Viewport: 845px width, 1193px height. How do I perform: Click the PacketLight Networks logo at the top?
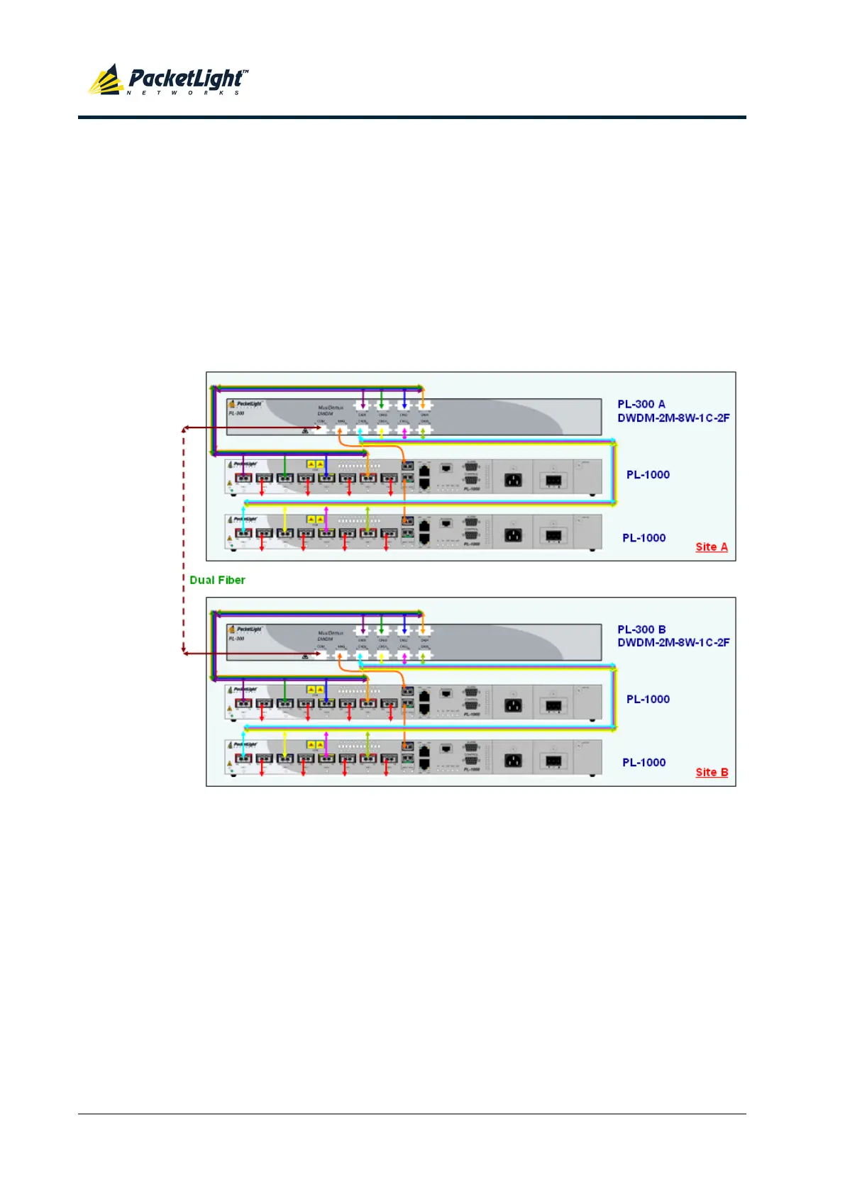coord(168,80)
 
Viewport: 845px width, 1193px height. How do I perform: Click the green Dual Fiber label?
coord(217,580)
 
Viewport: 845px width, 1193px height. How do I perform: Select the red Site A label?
coord(711,547)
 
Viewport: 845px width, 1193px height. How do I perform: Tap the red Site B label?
coord(712,772)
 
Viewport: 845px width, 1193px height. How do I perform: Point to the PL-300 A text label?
coord(641,404)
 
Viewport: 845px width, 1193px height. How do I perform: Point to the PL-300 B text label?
coord(641,629)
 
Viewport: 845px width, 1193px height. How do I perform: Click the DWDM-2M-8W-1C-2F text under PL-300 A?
coord(673,418)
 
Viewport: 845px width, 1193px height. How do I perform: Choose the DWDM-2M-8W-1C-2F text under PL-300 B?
coord(673,643)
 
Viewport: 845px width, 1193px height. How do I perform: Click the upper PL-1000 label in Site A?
coord(647,475)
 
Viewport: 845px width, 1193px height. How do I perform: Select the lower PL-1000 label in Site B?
coord(644,763)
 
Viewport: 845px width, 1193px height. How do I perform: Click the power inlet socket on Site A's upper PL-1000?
coord(512,480)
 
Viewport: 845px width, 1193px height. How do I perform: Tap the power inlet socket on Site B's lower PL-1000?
coord(512,761)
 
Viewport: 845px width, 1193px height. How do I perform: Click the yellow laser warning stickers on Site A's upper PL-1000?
coord(315,464)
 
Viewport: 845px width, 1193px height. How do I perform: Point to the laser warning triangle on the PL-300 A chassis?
coord(305,430)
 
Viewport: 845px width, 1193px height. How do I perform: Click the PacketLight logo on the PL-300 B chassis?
coord(245,629)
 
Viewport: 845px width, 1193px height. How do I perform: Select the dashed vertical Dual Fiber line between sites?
coord(184,539)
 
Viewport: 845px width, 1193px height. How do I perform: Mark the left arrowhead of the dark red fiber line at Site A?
coord(185,428)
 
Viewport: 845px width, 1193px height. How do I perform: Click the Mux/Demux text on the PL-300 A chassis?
coord(330,408)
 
